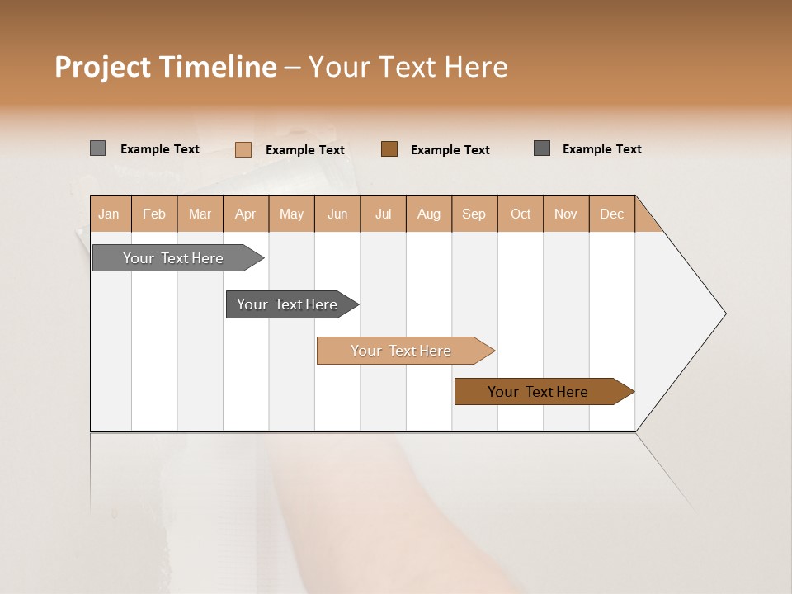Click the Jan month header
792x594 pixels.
[x=109, y=214]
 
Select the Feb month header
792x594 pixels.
[x=154, y=214]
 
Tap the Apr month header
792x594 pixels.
[x=245, y=214]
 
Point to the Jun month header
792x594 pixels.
[x=337, y=214]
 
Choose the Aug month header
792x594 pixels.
[x=429, y=214]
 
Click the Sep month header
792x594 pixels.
[x=474, y=214]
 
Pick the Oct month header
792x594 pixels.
[x=521, y=214]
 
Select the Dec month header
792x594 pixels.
[x=611, y=214]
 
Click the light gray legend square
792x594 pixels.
[x=97, y=148]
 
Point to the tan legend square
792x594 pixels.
[x=243, y=149]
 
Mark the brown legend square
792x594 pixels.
[x=389, y=148]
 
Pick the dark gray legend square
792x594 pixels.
[x=542, y=148]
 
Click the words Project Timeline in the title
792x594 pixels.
[x=166, y=67]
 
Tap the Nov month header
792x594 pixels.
[x=566, y=214]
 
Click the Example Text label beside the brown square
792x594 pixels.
[x=450, y=150]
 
